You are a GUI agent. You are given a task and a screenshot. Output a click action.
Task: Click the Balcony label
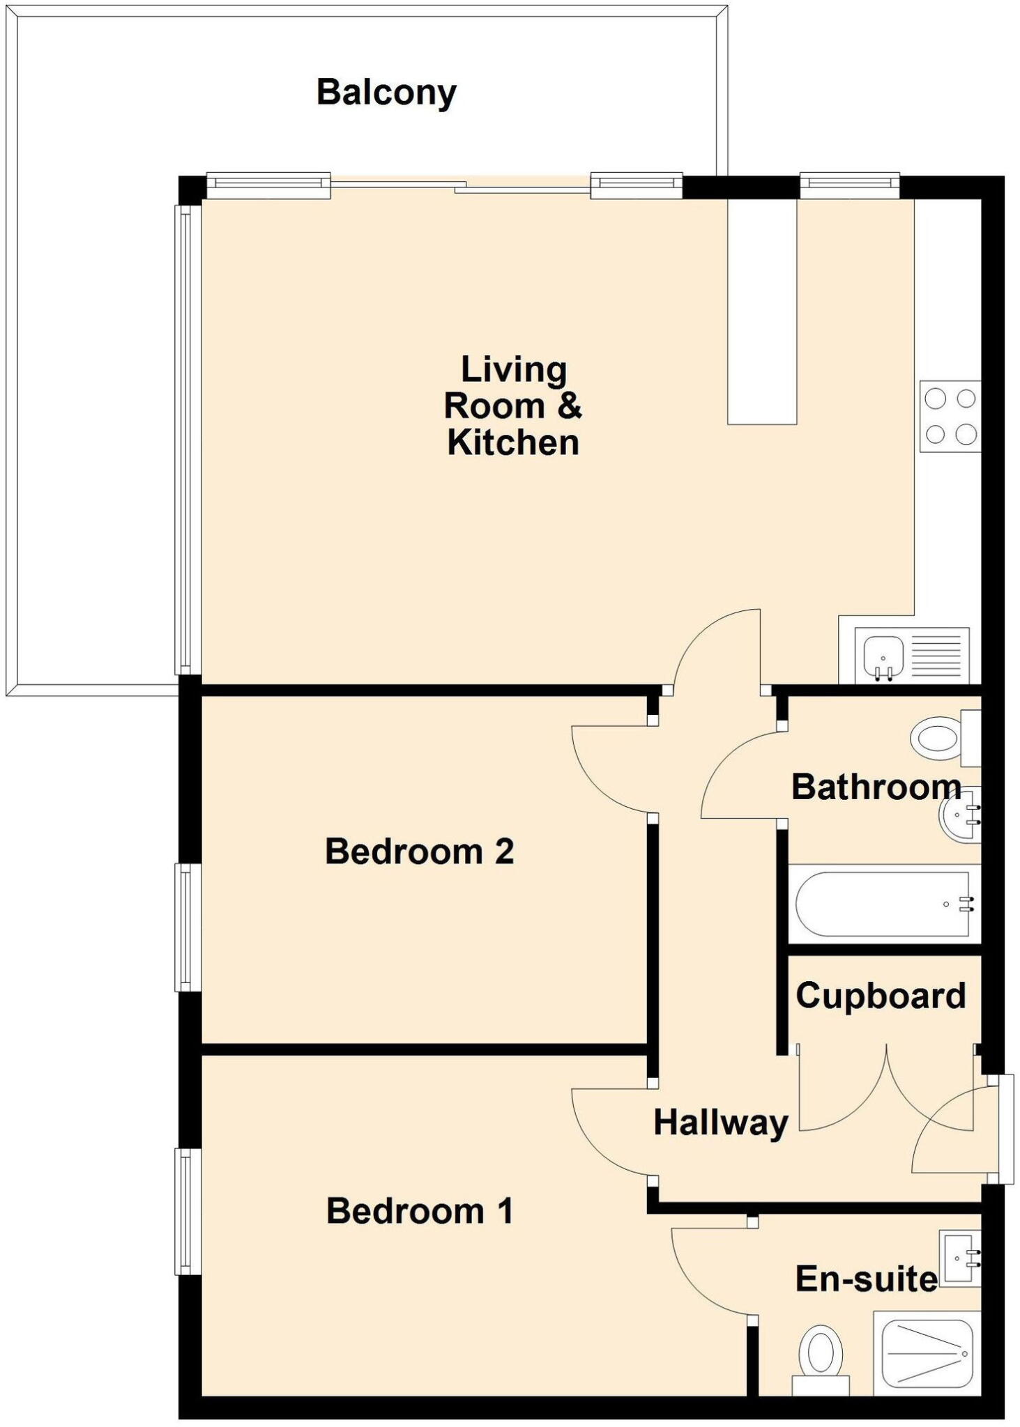(386, 92)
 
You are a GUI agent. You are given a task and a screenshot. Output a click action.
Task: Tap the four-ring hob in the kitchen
(950, 417)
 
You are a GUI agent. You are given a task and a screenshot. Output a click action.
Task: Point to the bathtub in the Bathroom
(884, 904)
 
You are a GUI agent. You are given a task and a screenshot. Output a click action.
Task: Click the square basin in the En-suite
(961, 1258)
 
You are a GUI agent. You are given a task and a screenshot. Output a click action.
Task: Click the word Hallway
(720, 1123)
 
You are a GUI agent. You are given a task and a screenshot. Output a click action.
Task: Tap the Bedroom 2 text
(419, 851)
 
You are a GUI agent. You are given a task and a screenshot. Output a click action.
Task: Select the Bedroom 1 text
(419, 1211)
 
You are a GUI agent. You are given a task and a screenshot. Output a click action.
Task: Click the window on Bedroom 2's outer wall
(188, 927)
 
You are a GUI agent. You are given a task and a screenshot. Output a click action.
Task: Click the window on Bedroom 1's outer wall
(188, 1211)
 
